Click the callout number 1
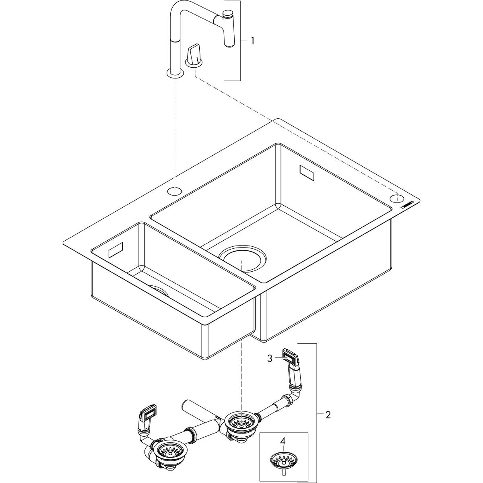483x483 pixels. [252, 41]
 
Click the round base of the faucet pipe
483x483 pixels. [175, 73]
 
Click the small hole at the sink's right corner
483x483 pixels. [396, 198]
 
